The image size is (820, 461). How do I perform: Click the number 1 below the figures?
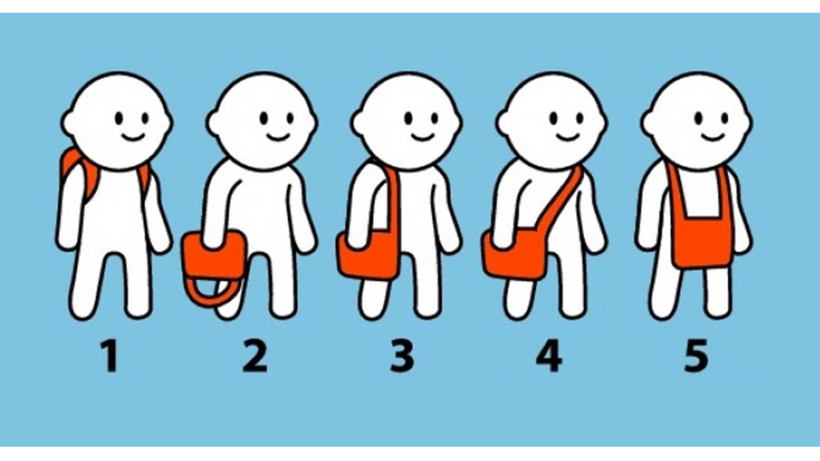[x=110, y=356]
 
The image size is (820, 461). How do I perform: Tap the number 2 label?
[x=255, y=356]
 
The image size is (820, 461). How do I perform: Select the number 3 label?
[x=401, y=357]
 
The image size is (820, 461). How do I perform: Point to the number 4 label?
[x=548, y=356]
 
